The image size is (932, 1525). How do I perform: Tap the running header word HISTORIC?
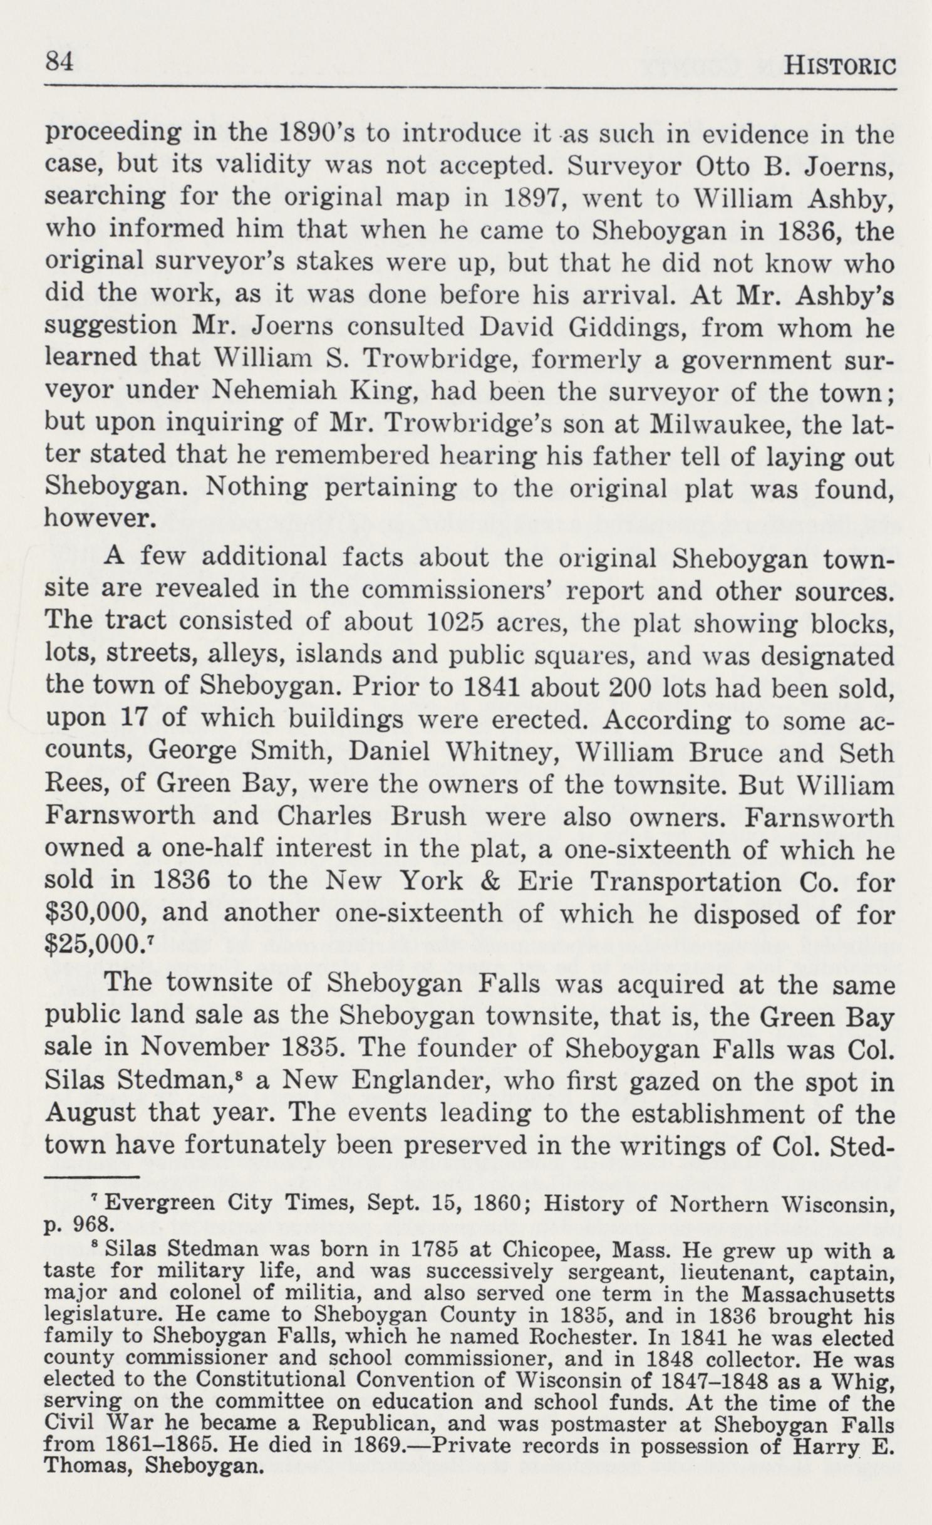[x=841, y=65]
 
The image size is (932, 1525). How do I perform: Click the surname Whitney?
[x=505, y=752]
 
